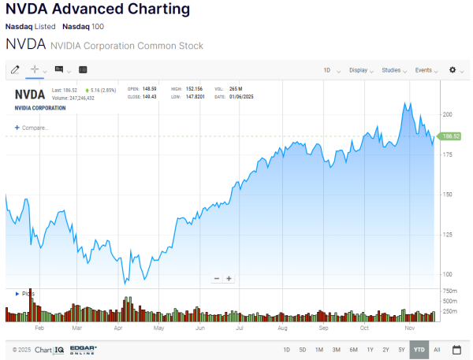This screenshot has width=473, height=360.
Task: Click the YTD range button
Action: coord(419,349)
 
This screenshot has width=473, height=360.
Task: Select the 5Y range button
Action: coord(401,349)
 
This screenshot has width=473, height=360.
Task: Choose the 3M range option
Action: coord(336,349)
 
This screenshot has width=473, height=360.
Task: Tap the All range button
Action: coord(437,349)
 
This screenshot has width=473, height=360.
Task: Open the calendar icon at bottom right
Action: coord(457,349)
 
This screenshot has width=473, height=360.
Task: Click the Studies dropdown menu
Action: coord(393,70)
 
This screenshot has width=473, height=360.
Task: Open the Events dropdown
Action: coord(426,70)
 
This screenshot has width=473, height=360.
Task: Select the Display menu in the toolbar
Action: coord(360,70)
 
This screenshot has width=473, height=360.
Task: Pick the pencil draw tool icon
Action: coord(15,70)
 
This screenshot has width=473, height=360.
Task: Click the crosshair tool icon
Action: coord(35,70)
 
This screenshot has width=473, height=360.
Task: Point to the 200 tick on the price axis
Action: coord(447,114)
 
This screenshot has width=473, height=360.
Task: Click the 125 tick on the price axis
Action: coord(447,235)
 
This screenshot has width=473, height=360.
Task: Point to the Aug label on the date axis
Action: coord(282,326)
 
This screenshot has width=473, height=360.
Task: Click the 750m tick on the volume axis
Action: coord(449,291)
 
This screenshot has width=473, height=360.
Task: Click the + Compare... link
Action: coord(32,128)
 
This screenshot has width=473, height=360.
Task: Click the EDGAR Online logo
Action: coord(84,349)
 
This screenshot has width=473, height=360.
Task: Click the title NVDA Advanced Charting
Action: coord(98,9)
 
